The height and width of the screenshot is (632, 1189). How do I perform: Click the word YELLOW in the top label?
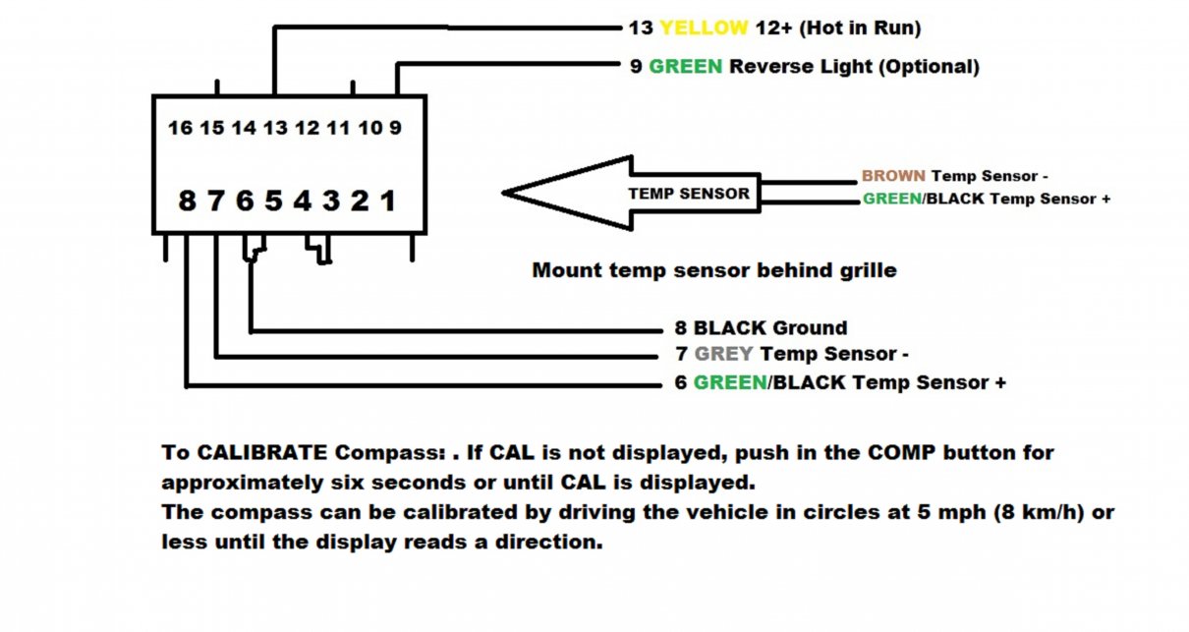(704, 28)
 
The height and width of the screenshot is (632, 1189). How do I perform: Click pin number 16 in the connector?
(181, 128)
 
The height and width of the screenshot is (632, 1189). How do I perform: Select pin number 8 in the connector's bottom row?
(187, 201)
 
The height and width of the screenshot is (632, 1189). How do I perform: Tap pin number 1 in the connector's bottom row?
(388, 201)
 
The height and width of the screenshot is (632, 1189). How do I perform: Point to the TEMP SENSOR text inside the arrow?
(689, 194)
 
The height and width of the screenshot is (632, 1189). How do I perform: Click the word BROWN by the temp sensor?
(893, 175)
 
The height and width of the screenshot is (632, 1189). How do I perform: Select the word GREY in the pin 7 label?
(723, 354)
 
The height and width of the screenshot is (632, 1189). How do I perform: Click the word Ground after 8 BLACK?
(809, 327)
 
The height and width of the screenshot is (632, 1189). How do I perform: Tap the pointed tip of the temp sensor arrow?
(503, 193)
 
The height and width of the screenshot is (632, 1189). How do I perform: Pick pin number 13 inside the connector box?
(275, 128)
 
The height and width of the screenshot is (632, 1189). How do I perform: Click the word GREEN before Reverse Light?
(685, 67)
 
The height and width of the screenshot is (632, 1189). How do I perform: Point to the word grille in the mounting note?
(869, 270)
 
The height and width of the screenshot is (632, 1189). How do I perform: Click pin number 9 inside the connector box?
(395, 128)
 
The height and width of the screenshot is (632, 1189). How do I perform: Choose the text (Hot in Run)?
(860, 29)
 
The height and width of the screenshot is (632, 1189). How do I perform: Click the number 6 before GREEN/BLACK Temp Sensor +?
(681, 382)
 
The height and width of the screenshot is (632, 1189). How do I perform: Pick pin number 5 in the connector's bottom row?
(273, 201)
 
